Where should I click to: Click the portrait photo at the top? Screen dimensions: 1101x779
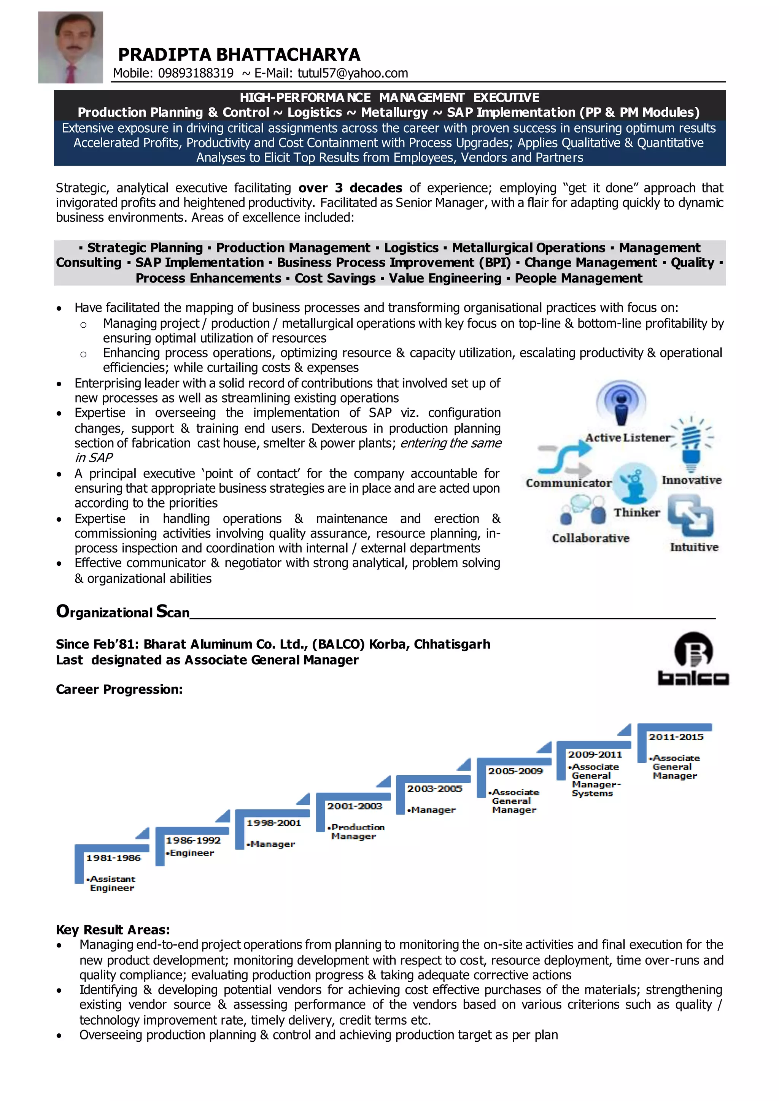(x=70, y=47)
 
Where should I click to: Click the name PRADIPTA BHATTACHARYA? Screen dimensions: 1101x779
(x=239, y=55)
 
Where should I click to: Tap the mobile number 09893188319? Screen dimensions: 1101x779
(x=196, y=73)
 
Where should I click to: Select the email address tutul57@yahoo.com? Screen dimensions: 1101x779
(x=353, y=73)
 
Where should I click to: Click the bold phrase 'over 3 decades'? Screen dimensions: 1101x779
(x=350, y=188)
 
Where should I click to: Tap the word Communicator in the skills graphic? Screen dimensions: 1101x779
(x=568, y=483)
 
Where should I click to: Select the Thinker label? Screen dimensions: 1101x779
(x=636, y=512)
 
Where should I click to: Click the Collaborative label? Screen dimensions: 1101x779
(x=590, y=538)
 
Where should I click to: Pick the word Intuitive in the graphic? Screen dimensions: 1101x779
(x=694, y=547)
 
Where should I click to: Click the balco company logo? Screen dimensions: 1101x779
(x=693, y=658)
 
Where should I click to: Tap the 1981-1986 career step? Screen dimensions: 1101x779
(x=113, y=858)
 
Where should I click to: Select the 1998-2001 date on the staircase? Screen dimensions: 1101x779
(x=273, y=823)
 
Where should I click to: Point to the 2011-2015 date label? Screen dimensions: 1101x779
(x=676, y=737)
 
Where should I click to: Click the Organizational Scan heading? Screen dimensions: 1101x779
(x=123, y=612)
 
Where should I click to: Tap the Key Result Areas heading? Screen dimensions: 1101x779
(x=113, y=930)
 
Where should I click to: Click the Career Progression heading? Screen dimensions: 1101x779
(x=119, y=690)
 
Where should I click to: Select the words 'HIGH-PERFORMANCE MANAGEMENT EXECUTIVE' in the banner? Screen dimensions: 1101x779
(x=389, y=98)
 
